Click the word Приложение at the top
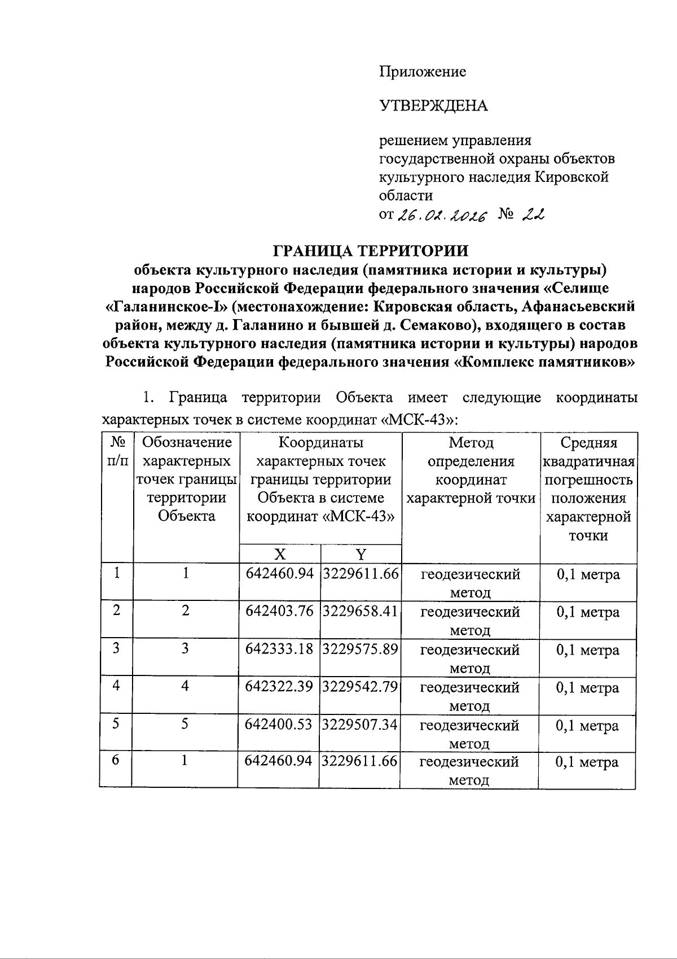[x=422, y=72]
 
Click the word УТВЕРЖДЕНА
[x=433, y=106]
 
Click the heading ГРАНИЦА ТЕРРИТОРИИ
[x=371, y=250]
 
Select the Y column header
[x=361, y=553]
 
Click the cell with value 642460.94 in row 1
[x=279, y=574]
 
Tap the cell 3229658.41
[x=361, y=612]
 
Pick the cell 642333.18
[x=279, y=649]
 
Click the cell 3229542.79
[x=361, y=687]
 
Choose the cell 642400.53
[x=279, y=725]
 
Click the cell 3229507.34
[x=361, y=725]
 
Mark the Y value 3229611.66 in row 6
[x=361, y=761]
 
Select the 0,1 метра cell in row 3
[x=588, y=650]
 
